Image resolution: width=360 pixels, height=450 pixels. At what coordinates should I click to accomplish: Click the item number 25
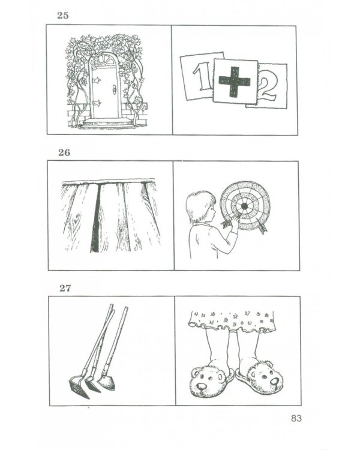(63, 15)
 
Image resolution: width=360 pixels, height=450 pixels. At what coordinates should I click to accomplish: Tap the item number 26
(64, 152)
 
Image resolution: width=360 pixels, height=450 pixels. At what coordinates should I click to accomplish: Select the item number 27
(65, 288)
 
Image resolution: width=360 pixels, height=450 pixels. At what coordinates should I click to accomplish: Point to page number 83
(296, 418)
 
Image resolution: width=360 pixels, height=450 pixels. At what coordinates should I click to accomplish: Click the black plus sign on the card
(235, 82)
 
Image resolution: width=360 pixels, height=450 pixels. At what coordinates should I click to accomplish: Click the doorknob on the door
(114, 89)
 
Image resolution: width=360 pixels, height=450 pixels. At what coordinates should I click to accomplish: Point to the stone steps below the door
(108, 123)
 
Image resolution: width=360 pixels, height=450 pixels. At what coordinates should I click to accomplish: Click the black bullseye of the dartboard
(244, 206)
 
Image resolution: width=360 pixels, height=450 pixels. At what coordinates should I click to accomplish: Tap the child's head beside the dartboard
(200, 206)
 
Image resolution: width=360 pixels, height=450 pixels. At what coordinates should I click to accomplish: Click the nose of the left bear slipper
(203, 386)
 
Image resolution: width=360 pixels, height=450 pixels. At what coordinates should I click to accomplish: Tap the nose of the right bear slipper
(274, 381)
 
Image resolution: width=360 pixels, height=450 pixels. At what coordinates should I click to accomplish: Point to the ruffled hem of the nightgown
(232, 327)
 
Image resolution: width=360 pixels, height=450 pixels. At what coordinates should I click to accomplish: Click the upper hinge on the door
(97, 79)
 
